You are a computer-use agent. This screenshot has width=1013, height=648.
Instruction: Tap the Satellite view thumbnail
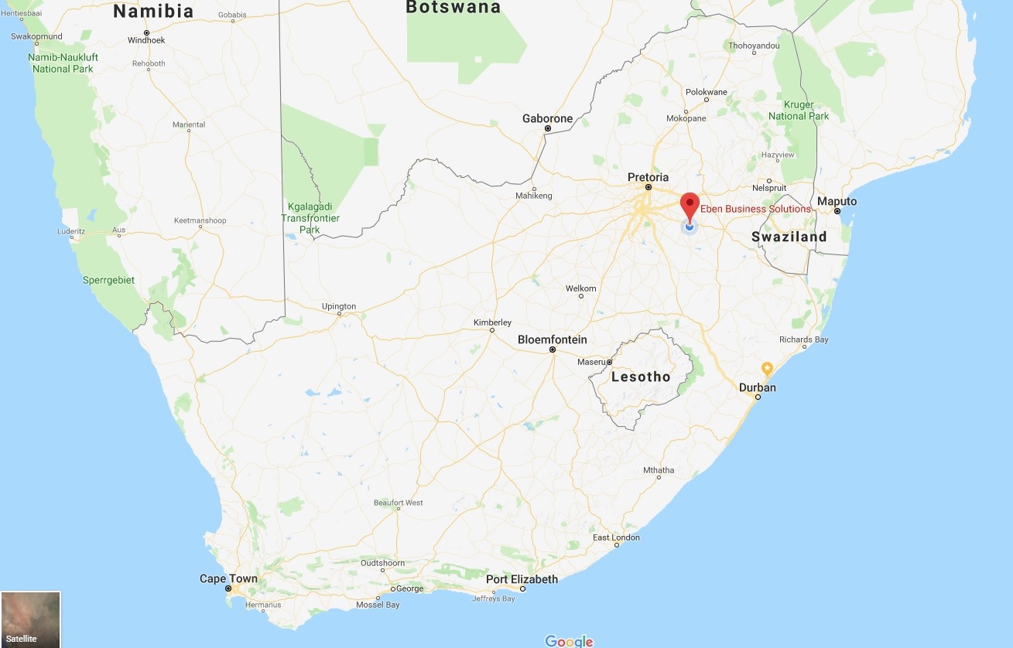(30, 619)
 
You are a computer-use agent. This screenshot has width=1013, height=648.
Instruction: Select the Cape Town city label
(228, 579)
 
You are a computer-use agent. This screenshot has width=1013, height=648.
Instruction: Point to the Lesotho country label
(641, 377)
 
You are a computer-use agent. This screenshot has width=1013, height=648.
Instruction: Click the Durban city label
(757, 387)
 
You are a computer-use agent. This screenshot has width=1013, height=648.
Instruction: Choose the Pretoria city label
(648, 178)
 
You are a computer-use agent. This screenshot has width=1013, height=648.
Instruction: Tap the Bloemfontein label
(552, 339)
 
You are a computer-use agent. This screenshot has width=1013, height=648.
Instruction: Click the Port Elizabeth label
(522, 579)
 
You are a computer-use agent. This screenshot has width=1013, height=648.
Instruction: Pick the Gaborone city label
(547, 118)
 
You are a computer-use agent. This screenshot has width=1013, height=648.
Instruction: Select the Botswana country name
(453, 8)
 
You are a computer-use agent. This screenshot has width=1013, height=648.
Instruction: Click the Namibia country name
(152, 11)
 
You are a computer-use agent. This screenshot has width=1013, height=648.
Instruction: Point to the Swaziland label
(789, 237)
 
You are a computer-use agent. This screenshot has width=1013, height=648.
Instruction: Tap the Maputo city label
(837, 202)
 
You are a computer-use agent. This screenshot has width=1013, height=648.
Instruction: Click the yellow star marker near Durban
(767, 367)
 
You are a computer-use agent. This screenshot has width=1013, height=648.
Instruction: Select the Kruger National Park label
(798, 111)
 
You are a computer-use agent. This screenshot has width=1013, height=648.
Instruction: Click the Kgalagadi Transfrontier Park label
(310, 219)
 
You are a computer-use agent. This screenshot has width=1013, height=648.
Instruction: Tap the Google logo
(569, 641)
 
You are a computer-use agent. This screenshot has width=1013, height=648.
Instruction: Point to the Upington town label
(339, 306)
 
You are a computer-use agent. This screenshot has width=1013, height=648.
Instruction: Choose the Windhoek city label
(146, 40)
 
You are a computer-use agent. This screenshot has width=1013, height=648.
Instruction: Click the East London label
(616, 537)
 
